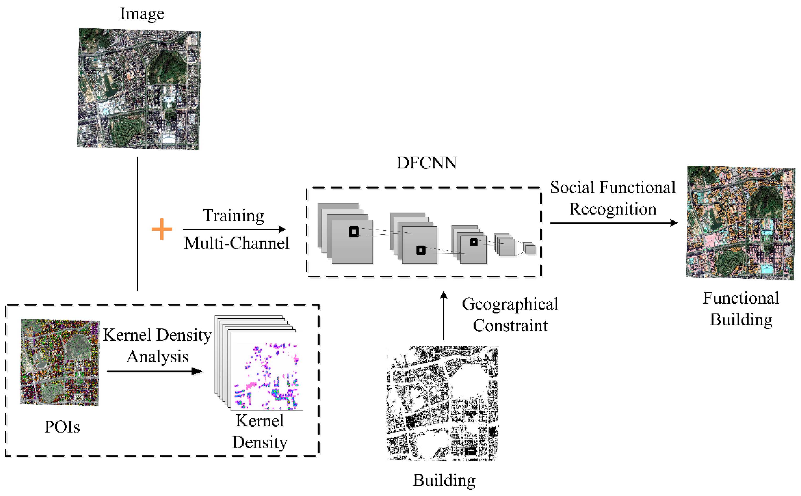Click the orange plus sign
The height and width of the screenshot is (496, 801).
click(x=161, y=229)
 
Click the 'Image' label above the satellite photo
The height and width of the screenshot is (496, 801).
click(x=142, y=14)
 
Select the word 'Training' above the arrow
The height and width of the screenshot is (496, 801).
click(x=233, y=215)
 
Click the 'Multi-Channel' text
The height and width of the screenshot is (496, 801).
click(x=236, y=243)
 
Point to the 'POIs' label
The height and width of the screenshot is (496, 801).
click(x=62, y=427)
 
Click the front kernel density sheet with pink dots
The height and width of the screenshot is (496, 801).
click(x=266, y=374)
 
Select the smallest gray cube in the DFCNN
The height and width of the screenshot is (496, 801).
click(x=529, y=249)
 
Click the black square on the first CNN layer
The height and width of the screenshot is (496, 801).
click(x=353, y=232)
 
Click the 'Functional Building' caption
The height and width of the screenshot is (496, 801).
click(x=741, y=309)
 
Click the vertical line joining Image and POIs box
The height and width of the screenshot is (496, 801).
click(x=137, y=223)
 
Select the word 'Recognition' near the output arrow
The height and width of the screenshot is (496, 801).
click(x=613, y=209)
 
